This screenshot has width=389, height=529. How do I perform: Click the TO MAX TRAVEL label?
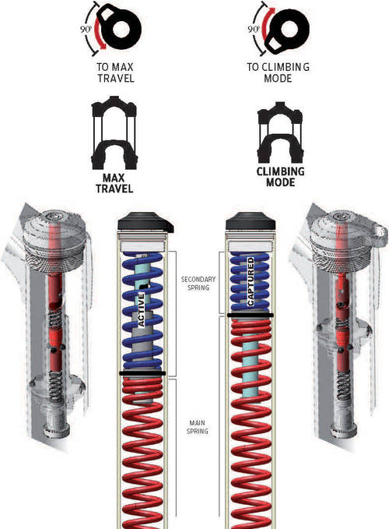tap(115, 72)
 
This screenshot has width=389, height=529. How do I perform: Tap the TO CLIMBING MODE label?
tap(278, 72)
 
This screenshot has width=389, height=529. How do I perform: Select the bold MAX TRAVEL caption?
tap(114, 183)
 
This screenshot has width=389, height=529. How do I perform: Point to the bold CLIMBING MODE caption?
tap(281, 177)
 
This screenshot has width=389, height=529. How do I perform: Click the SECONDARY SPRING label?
tap(198, 284)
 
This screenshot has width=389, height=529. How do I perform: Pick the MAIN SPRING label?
tap(198, 427)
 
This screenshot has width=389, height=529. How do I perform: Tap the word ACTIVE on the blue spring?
tap(142, 310)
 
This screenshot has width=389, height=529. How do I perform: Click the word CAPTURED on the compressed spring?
tap(251, 282)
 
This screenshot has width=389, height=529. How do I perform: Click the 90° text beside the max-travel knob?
tap(86, 29)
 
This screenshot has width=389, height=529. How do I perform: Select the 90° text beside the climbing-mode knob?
tap(253, 29)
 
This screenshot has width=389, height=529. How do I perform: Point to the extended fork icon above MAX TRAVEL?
tap(114, 132)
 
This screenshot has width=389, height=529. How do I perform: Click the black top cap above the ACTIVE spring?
tap(145, 222)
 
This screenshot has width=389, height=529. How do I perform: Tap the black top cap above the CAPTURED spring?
tap(251, 222)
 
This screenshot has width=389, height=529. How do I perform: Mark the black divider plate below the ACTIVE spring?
tap(142, 373)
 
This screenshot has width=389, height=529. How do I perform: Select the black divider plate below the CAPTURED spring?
tap(251, 315)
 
